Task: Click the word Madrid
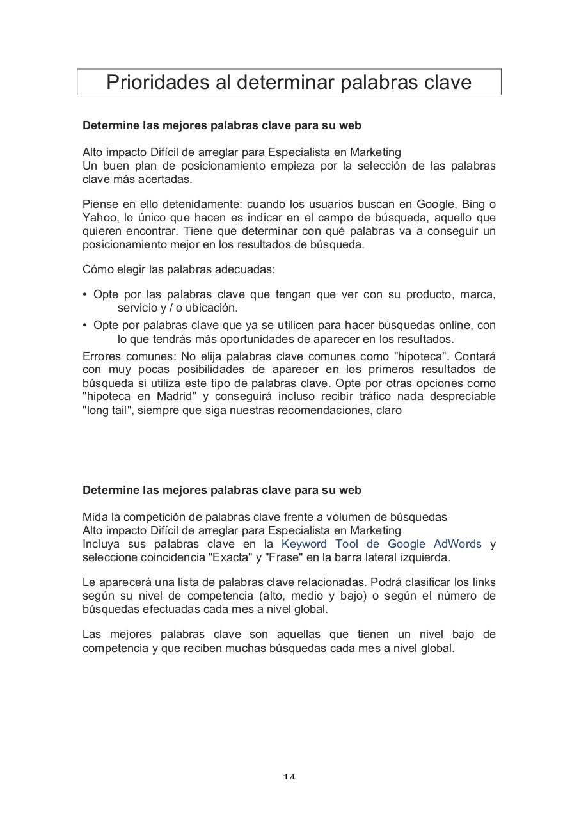point(175,397)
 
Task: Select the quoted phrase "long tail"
point(107,410)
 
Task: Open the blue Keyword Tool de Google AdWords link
point(381,544)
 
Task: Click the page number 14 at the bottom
point(289,777)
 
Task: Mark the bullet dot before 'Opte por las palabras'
point(85,295)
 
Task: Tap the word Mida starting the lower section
point(95,517)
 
